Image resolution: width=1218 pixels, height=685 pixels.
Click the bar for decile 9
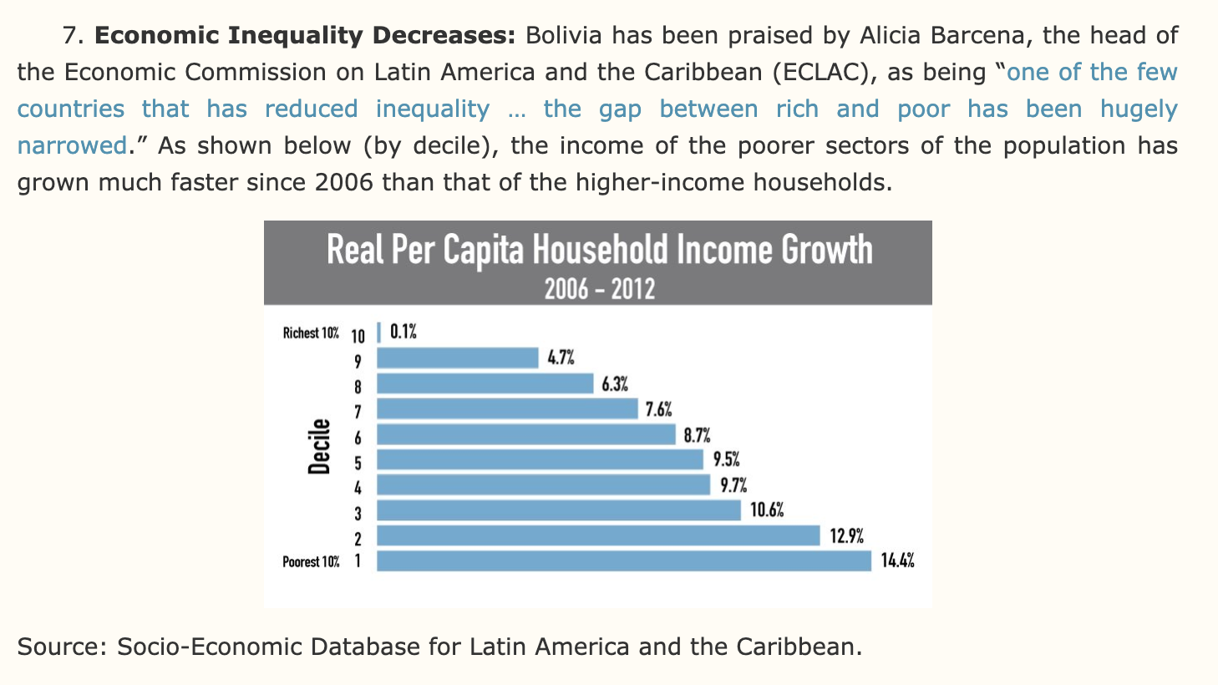tap(458, 358)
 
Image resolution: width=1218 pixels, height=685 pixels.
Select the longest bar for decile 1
tap(624, 561)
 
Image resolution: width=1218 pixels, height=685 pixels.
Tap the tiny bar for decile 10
tap(379, 332)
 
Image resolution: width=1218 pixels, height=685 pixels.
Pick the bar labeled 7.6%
tap(507, 409)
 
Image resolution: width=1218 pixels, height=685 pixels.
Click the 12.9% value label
tap(846, 536)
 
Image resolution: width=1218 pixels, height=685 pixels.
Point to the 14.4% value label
tap(897, 561)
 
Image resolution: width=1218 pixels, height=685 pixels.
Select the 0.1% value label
tap(403, 332)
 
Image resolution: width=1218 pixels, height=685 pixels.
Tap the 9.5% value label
tap(726, 460)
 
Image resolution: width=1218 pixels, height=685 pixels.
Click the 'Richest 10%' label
tap(311, 333)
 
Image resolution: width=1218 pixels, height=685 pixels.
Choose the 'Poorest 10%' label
tap(311, 562)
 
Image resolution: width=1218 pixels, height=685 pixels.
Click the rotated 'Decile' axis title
tap(319, 447)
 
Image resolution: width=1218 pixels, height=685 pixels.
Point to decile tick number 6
tap(358, 436)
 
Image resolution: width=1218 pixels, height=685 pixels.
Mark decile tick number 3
tap(358, 512)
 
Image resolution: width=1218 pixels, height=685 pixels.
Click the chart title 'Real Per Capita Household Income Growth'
tap(599, 250)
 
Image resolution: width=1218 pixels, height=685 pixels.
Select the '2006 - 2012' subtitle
tap(599, 290)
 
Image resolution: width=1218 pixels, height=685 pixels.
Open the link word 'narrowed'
tap(72, 146)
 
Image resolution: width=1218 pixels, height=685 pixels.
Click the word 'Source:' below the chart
tap(62, 647)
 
